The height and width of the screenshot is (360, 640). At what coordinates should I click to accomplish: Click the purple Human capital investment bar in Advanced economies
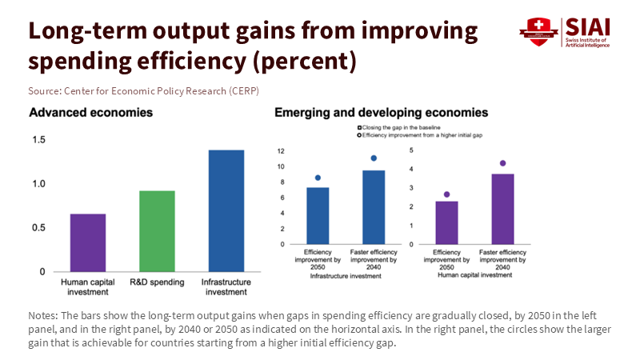point(88,242)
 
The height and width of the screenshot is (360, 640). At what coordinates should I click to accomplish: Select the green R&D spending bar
point(157,231)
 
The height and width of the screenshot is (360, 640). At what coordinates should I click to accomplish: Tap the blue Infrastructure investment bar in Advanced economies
point(226,210)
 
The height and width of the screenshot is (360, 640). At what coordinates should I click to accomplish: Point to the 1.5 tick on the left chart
point(38,140)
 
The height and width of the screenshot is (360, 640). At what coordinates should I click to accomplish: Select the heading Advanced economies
point(91,113)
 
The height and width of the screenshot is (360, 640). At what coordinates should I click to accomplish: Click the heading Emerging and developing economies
point(382,113)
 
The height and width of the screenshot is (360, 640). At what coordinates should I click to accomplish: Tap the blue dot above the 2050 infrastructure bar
point(318,178)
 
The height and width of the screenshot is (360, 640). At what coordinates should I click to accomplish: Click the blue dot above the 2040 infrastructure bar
point(374,158)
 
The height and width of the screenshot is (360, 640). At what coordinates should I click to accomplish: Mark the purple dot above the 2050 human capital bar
point(446,194)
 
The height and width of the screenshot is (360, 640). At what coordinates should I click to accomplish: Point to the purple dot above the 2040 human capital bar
point(502,163)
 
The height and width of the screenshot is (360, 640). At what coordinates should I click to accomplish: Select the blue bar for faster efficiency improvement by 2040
point(374,207)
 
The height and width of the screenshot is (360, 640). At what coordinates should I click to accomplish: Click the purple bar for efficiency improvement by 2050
point(446,222)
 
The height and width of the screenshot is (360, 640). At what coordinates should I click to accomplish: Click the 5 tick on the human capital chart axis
point(411,150)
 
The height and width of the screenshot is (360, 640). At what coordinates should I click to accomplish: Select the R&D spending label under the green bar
point(157,282)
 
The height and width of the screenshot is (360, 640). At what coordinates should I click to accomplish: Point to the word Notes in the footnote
point(42,315)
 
